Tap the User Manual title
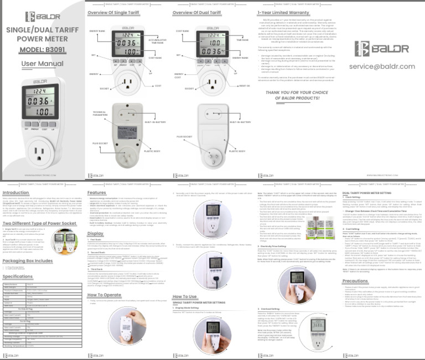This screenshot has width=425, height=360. [43, 63]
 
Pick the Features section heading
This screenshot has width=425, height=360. [97, 193]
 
